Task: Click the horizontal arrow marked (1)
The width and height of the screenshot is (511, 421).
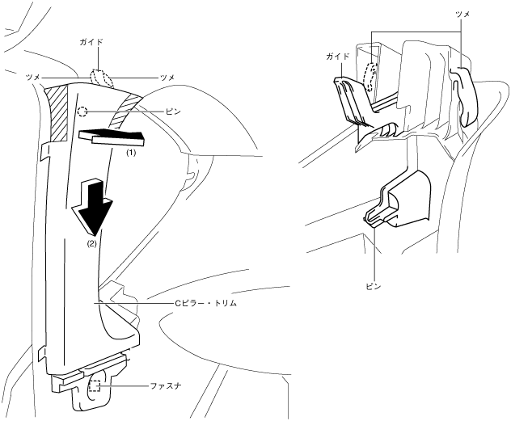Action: click(113, 137)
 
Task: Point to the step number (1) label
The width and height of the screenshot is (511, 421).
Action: click(129, 151)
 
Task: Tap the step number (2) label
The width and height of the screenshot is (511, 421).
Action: click(91, 242)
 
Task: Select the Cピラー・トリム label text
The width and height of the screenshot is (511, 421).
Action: click(206, 301)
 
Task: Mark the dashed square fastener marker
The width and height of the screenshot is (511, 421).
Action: click(96, 386)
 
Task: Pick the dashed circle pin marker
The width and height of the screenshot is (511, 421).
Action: click(82, 112)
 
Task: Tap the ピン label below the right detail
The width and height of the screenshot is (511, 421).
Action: click(373, 285)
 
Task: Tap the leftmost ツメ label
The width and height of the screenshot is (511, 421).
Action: click(33, 76)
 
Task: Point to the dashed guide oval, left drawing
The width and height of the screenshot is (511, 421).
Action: click(101, 78)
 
